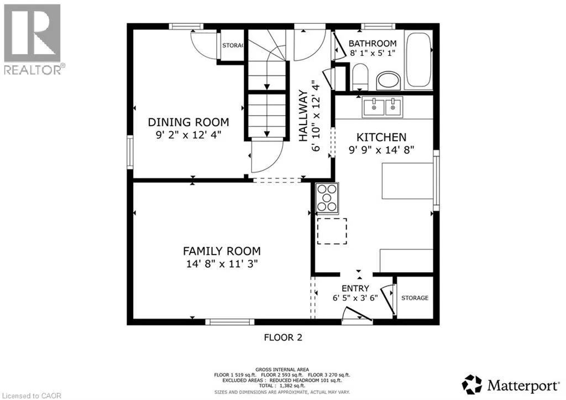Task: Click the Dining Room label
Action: pyautogui.click(x=188, y=122)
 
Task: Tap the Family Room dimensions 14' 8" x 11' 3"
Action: pyautogui.click(x=222, y=264)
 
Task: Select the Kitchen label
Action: pyautogui.click(x=381, y=137)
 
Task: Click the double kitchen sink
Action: pyautogui.click(x=382, y=107)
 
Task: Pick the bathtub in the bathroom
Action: pyautogui.click(x=419, y=60)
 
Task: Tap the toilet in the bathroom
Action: pyautogui.click(x=359, y=76)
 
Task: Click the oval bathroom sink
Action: pyautogui.click(x=389, y=80)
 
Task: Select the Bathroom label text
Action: pyautogui.click(x=373, y=43)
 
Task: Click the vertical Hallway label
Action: pyautogui.click(x=303, y=116)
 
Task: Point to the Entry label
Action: pyautogui.click(x=355, y=288)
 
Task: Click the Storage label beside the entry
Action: pyautogui.click(x=415, y=298)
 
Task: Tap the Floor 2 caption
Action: pyautogui.click(x=283, y=337)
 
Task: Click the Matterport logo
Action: pyautogui.click(x=510, y=385)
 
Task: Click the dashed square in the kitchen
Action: pyautogui.click(x=332, y=231)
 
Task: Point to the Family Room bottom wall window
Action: pyautogui.click(x=230, y=322)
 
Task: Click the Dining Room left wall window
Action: pyautogui.click(x=130, y=153)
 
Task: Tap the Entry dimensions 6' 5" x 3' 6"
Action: pyautogui.click(x=355, y=298)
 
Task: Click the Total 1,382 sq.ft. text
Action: pyautogui.click(x=282, y=386)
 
